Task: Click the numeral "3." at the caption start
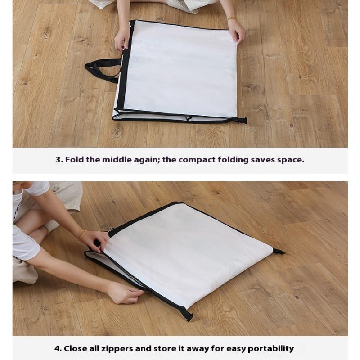pos(59,160)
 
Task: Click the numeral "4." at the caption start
pos(58,348)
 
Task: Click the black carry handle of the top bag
pos(101,69)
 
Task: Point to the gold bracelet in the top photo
pos(232,19)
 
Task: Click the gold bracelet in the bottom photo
pos(82,235)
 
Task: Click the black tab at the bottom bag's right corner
pos(279,252)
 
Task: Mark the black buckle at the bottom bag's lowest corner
pos(187,313)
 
